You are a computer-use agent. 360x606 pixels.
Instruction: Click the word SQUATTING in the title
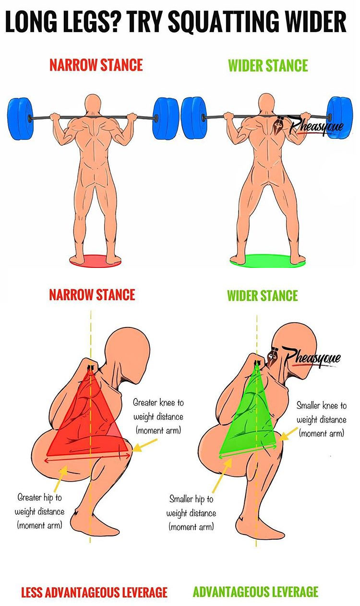[x=224, y=22]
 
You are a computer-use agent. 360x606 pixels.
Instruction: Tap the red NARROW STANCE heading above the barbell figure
[x=96, y=65]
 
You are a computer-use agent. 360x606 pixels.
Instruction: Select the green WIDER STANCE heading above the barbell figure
[x=268, y=65]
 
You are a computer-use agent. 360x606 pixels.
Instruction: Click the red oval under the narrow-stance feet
[x=96, y=261]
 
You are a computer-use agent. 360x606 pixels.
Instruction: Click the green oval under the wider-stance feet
[x=268, y=261]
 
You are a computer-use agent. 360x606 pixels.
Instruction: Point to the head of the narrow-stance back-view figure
[x=93, y=105]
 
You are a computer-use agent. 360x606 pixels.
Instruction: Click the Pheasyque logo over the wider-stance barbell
[x=311, y=125]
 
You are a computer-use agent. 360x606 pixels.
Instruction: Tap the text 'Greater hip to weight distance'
[x=39, y=511]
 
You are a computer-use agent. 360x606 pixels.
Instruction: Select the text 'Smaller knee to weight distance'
[x=321, y=420]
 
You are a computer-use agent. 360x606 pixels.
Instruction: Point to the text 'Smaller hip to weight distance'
[x=191, y=513]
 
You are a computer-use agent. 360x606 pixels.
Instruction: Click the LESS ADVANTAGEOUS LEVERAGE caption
[x=95, y=592]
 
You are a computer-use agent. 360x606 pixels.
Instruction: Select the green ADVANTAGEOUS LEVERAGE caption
[x=255, y=592]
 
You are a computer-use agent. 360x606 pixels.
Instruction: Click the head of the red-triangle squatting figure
[x=127, y=354]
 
